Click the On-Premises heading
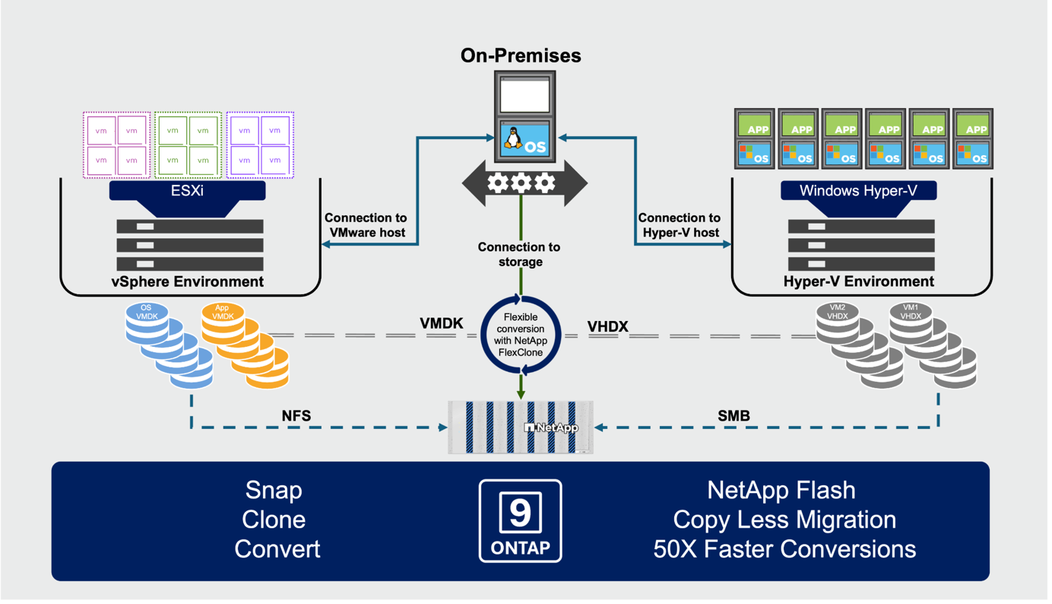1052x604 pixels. point(521,56)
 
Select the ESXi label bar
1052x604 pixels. point(187,190)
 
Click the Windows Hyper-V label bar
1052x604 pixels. point(858,190)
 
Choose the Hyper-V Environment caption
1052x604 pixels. point(859,281)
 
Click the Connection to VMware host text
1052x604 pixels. point(366,225)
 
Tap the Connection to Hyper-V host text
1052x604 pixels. point(679,225)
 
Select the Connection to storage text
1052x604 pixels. point(519,254)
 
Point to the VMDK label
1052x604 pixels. point(442,323)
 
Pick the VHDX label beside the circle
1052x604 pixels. point(608,327)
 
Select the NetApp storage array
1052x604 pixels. point(521,427)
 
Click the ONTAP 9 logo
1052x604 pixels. point(521,520)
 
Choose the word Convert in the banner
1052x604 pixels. point(277,548)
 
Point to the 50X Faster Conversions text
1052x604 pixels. point(784,548)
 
